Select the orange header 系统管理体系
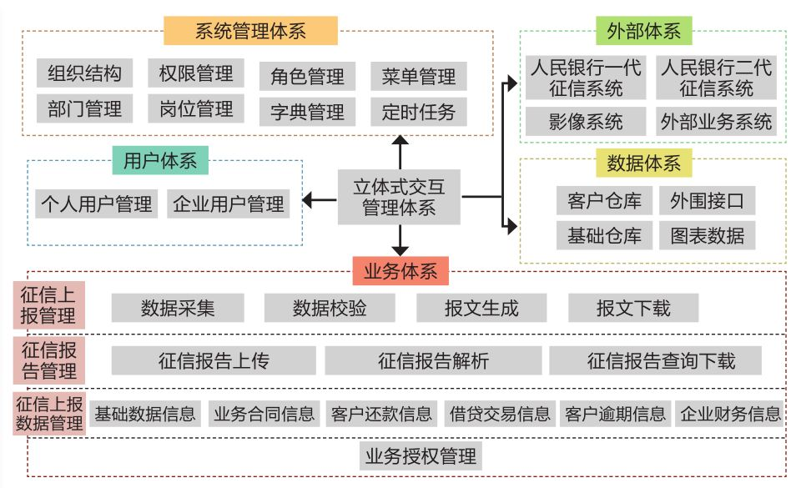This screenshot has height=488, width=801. pyautogui.click(x=250, y=31)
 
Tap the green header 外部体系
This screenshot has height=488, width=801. pyautogui.click(x=644, y=31)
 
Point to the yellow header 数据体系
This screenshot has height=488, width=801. pyautogui.click(x=643, y=164)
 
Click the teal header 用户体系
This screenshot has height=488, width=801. pyautogui.click(x=160, y=161)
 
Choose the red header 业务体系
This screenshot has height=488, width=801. pyautogui.click(x=400, y=271)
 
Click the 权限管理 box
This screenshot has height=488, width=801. pyautogui.click(x=196, y=73)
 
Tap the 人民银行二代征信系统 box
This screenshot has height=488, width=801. pyautogui.click(x=716, y=78)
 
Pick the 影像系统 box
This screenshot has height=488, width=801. pyautogui.click(x=586, y=122)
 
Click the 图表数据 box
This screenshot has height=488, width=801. pyautogui.click(x=707, y=235)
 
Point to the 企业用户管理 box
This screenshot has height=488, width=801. pyautogui.click(x=229, y=204)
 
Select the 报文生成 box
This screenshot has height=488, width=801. pyautogui.click(x=481, y=308)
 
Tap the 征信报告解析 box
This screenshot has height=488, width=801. pyautogui.click(x=433, y=360)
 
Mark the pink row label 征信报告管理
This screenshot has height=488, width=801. pyautogui.click(x=48, y=360)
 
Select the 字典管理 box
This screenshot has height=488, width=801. pyautogui.click(x=307, y=112)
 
